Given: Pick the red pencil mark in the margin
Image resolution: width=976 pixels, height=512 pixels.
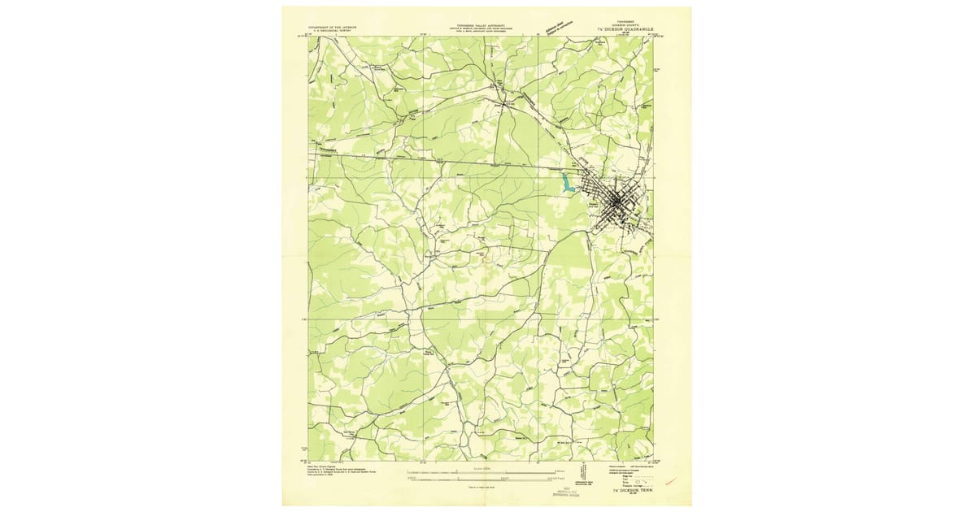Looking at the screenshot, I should (x=671, y=482).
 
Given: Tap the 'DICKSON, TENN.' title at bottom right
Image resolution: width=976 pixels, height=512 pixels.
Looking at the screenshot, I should (x=631, y=491).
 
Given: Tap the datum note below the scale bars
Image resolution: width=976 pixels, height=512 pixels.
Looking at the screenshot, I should (x=486, y=487).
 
